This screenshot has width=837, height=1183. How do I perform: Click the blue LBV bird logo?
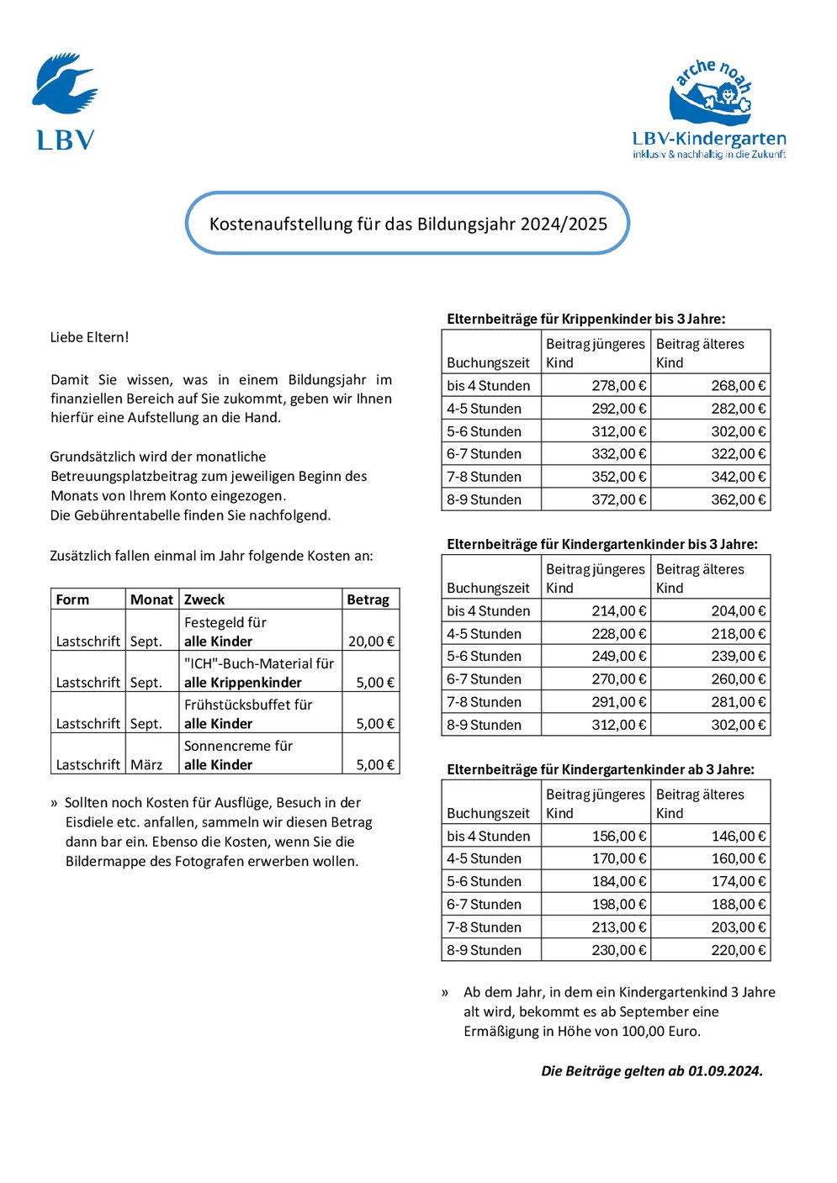click(x=65, y=87)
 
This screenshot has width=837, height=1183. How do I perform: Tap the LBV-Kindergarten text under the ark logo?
click(x=709, y=139)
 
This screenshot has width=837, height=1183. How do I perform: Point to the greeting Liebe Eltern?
click(x=89, y=337)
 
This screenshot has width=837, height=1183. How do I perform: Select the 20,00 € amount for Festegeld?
click(x=371, y=642)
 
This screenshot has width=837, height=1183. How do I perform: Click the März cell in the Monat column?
click(x=146, y=765)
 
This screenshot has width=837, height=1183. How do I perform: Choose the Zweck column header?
click(x=204, y=599)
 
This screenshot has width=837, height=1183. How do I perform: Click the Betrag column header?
click(x=368, y=599)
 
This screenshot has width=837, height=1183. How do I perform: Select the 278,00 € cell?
click(x=619, y=386)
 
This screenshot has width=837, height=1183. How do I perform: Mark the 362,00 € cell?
click(x=739, y=499)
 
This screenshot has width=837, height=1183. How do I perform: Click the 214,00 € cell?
click(x=619, y=611)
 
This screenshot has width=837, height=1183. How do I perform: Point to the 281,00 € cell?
click(x=739, y=702)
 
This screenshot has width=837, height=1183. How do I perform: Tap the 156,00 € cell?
click(x=619, y=837)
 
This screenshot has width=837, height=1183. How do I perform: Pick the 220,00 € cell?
click(x=739, y=950)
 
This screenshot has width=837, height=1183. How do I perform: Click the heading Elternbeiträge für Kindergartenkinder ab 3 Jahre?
click(x=601, y=769)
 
